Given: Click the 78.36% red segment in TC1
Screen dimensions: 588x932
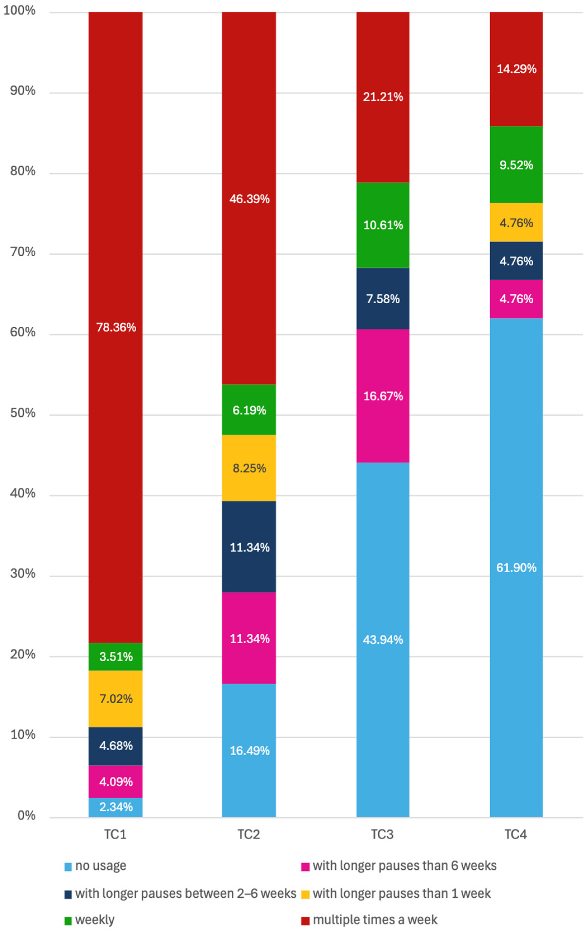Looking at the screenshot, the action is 115,327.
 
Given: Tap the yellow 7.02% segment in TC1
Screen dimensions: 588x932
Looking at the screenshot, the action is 115,699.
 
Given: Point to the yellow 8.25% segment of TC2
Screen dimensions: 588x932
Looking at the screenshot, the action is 249,468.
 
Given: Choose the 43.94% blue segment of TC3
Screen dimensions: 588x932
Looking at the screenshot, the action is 383,640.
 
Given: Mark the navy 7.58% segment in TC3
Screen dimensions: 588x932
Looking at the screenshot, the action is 383,298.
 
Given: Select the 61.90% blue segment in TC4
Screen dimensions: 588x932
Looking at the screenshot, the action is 516,567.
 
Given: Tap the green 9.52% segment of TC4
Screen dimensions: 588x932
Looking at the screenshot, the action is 516,165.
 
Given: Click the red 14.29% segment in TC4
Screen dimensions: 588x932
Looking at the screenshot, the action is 516,69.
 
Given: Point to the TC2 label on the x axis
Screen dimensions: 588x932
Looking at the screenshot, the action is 248,834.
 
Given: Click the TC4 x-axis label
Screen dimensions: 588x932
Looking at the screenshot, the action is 516,834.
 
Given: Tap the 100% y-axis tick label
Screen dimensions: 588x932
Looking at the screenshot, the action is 19,10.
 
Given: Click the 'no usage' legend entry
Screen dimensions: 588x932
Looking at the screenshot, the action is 95,866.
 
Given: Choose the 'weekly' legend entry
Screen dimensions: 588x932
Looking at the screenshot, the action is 89,920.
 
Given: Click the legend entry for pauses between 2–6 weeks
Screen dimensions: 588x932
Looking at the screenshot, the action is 180,893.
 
